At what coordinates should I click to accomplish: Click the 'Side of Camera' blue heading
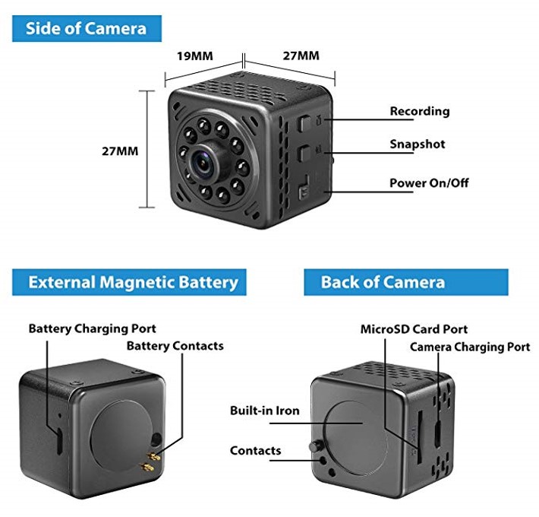87,29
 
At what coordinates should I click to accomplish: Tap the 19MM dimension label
195,56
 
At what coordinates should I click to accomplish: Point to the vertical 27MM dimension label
120,151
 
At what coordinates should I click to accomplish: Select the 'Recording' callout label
420,111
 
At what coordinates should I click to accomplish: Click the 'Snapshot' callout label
418,144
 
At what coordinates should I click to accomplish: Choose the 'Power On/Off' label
429,182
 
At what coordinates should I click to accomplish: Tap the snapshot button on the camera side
303,153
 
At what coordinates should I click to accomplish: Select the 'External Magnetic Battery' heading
129,282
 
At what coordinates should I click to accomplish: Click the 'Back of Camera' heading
406,282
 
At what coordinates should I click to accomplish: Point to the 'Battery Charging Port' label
92,328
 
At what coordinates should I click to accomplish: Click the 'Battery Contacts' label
175,346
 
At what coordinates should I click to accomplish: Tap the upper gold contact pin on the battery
153,457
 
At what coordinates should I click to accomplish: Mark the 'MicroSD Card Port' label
414,329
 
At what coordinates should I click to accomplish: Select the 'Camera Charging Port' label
470,347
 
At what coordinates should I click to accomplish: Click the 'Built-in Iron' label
265,411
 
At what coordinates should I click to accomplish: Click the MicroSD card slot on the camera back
419,437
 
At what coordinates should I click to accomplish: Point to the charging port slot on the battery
59,441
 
